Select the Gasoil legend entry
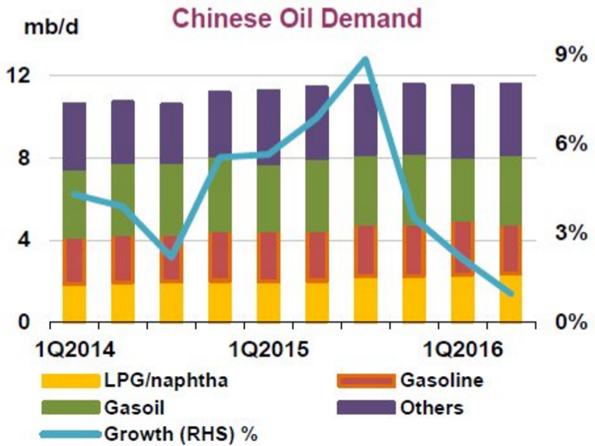pyautogui.click(x=130, y=408)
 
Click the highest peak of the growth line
pyautogui.click(x=366, y=60)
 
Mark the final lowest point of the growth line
pyautogui.click(x=510, y=292)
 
